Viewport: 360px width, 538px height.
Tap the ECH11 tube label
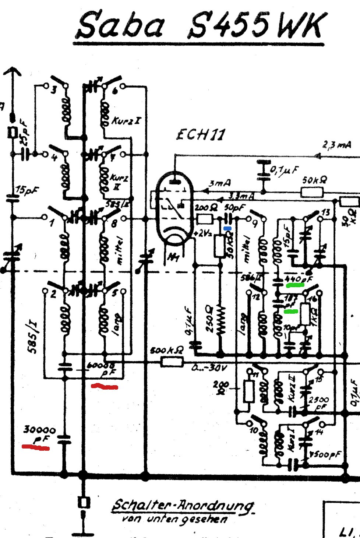[201, 135]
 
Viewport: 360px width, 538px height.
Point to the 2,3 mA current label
[337, 144]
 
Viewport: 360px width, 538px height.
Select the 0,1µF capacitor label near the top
[284, 170]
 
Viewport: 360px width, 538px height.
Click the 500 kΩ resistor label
[167, 350]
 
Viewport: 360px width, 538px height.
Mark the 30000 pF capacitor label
[40, 430]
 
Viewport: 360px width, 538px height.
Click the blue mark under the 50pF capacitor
[227, 229]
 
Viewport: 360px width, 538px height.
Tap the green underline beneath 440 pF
[294, 285]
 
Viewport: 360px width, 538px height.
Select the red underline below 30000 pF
[36, 447]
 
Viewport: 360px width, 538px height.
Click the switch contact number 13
[325, 212]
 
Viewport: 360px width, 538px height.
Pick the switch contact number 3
[54, 89]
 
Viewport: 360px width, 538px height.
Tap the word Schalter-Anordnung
[183, 506]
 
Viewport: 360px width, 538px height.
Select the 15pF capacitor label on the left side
[27, 191]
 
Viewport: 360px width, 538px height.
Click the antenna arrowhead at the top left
[13, 71]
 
